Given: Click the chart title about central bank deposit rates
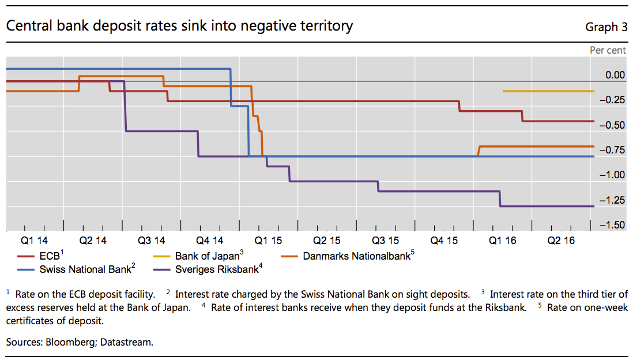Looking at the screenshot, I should [179, 26].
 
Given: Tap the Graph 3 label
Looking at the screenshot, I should [606, 27].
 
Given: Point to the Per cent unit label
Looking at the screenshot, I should [608, 50].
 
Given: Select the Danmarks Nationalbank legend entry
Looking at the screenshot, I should [357, 256].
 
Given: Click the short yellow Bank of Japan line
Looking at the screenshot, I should [548, 91].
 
